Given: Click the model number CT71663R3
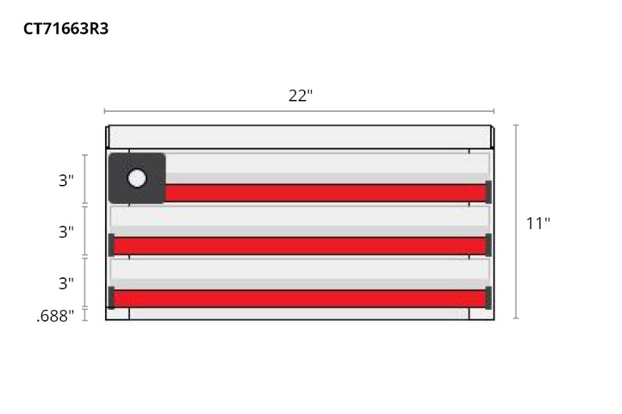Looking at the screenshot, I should click(x=66, y=29).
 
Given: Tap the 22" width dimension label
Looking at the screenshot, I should click(x=301, y=96).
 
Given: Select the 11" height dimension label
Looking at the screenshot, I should click(x=538, y=223).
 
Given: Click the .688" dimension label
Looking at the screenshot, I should click(x=55, y=316).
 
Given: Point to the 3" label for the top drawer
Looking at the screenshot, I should click(x=66, y=181).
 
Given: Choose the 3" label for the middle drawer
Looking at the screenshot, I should click(x=66, y=232).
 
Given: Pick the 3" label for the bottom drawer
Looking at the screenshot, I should click(x=66, y=283).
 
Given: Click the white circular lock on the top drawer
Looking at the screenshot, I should click(x=137, y=178).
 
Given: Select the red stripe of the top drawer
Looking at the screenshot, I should click(x=325, y=193).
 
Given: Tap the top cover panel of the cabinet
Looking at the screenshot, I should click(x=299, y=136).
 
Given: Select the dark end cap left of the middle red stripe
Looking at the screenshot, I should click(x=111, y=245).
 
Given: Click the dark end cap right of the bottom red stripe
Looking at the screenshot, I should click(x=489, y=297).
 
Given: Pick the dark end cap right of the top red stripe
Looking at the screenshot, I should click(x=489, y=191).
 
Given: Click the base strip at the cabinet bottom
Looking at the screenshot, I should click(x=299, y=314).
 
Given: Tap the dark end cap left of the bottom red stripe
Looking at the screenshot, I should click(x=111, y=297).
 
